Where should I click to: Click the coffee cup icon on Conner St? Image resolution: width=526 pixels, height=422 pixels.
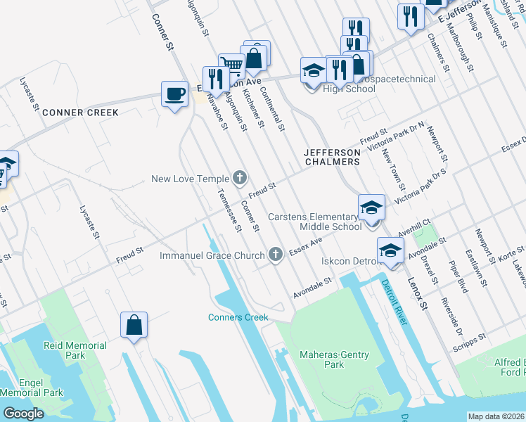pyautogui.click(x=174, y=94)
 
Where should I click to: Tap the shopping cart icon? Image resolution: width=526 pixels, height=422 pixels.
pyautogui.click(x=231, y=66)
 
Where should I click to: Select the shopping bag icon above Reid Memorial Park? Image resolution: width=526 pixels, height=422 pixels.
pyautogui.click(x=134, y=325)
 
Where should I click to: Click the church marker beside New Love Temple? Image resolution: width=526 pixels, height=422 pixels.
pyautogui.click(x=240, y=179)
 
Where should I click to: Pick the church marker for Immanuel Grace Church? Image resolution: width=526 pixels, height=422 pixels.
pyautogui.click(x=276, y=255)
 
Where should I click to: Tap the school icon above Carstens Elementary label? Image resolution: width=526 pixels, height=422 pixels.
pyautogui.click(x=371, y=207)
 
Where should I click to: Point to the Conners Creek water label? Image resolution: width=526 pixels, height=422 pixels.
pyautogui.click(x=238, y=317)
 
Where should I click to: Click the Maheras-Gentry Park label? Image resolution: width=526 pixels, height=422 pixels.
pyautogui.click(x=324, y=359)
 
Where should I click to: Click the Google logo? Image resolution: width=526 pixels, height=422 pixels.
pyautogui.click(x=23, y=414)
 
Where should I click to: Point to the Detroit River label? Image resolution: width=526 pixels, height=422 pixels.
pyautogui.click(x=394, y=302)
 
